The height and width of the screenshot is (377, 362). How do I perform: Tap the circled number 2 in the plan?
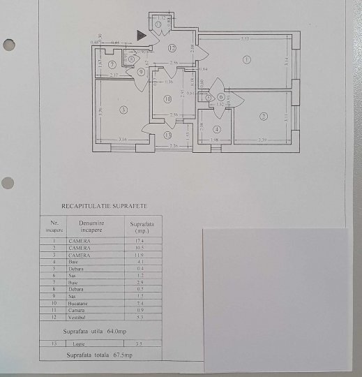click(263, 116)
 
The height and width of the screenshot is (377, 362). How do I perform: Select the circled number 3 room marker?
click(122, 110)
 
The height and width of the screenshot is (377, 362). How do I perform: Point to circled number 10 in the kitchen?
click(167, 99)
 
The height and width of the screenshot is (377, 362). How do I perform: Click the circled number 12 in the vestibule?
click(172, 47)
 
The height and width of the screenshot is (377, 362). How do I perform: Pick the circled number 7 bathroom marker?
click(112, 64)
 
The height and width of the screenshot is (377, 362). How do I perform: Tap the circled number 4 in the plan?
click(217, 129)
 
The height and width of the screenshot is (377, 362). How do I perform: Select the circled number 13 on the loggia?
click(167, 135)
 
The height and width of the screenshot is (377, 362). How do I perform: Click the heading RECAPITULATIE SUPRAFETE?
click(105, 207)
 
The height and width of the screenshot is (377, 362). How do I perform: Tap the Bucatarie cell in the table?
click(79, 304)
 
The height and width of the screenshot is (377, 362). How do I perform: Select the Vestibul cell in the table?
click(79, 318)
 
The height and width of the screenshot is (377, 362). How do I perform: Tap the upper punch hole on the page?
click(8, 45)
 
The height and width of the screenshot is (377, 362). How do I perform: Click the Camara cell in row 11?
click(77, 311)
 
